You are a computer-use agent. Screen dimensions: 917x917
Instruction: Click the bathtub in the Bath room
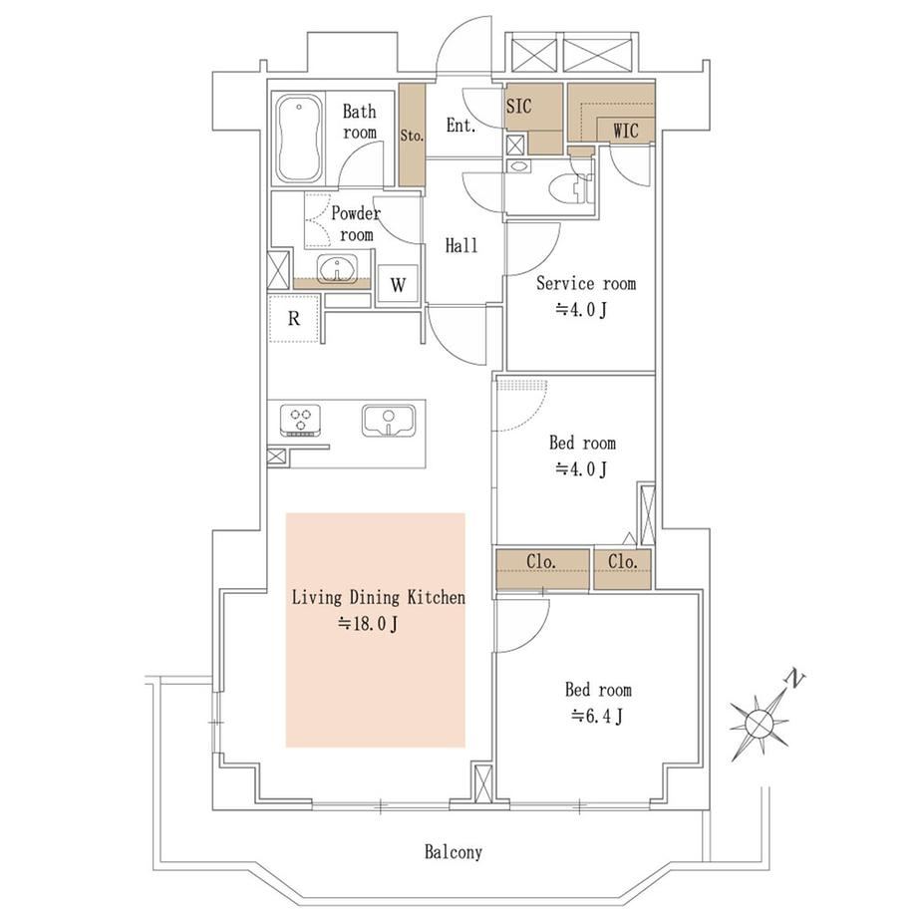click(299, 140)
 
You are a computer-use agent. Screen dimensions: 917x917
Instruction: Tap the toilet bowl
click(566, 188)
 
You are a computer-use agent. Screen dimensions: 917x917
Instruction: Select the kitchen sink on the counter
click(389, 421)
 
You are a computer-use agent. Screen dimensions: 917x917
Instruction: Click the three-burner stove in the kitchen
click(301, 420)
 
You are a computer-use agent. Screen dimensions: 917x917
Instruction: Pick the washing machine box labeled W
click(399, 285)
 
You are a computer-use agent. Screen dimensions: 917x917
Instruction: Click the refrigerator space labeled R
click(294, 319)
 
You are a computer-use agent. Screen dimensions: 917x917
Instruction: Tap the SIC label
click(518, 107)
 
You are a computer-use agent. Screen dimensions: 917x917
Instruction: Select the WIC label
click(625, 130)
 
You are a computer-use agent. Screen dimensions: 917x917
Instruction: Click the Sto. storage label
click(412, 136)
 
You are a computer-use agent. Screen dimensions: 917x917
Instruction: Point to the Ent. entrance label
click(460, 125)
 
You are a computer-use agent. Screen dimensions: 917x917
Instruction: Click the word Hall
click(460, 245)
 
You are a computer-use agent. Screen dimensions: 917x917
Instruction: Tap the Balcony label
click(454, 852)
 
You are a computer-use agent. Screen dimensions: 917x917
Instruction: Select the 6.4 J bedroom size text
click(597, 716)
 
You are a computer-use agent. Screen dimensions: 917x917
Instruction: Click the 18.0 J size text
click(369, 625)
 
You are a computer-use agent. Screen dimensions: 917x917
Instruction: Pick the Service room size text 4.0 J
click(581, 310)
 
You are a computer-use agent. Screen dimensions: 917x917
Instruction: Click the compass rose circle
click(759, 724)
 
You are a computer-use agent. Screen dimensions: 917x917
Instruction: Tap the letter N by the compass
click(794, 679)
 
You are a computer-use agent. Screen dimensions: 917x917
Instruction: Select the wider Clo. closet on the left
click(542, 569)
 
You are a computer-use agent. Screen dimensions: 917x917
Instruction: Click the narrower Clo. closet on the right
click(622, 569)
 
